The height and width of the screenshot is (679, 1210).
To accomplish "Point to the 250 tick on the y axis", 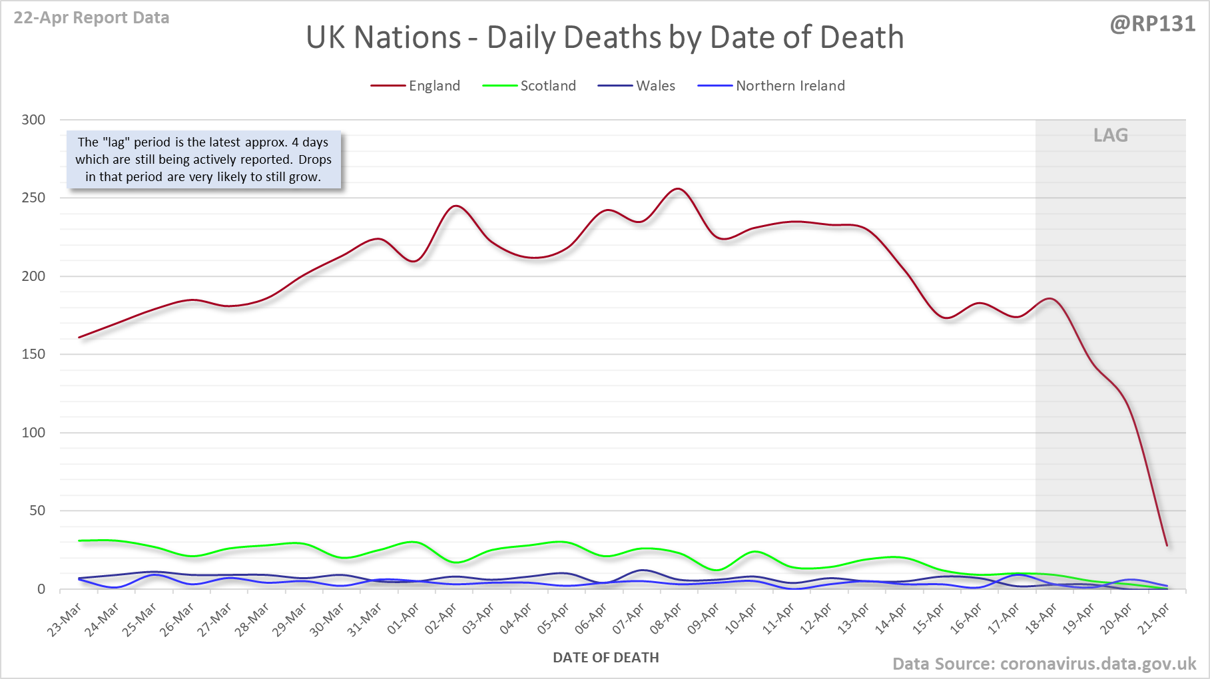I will (33, 198).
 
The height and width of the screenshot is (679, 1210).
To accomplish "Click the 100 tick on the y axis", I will (33, 433).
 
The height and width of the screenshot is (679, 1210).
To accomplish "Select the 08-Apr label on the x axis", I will (666, 619).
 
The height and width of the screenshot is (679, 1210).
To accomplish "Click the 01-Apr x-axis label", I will (403, 619).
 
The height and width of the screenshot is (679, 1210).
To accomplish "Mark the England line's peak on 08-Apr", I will (677, 189).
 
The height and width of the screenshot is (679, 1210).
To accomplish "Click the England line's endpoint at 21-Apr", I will (1167, 546).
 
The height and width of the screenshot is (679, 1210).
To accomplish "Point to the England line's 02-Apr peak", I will (455, 206).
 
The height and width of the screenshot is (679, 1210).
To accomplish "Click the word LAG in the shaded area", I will (1111, 135).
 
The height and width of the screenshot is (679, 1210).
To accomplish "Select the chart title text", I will (605, 37).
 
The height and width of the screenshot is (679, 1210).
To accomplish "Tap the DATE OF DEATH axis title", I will (606, 658).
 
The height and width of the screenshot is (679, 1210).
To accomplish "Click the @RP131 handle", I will (1152, 24).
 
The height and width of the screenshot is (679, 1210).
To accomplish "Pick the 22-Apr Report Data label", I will (91, 18).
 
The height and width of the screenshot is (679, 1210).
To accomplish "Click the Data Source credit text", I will (1044, 664).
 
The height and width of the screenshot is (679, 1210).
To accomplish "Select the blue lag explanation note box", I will (204, 160).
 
